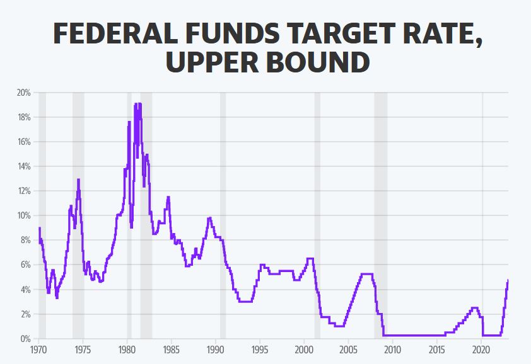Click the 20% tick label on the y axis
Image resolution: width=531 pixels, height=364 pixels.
click(23, 93)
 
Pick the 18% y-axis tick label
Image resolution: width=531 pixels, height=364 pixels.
click(23, 117)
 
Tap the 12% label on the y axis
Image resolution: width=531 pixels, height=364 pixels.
click(23, 191)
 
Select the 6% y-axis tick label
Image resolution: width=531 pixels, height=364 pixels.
click(25, 264)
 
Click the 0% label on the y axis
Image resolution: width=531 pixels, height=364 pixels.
click(25, 339)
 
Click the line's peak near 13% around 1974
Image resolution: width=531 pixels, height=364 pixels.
click(78, 179)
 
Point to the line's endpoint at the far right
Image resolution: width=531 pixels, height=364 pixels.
click(508, 280)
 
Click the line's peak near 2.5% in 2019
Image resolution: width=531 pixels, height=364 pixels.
click(474, 308)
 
